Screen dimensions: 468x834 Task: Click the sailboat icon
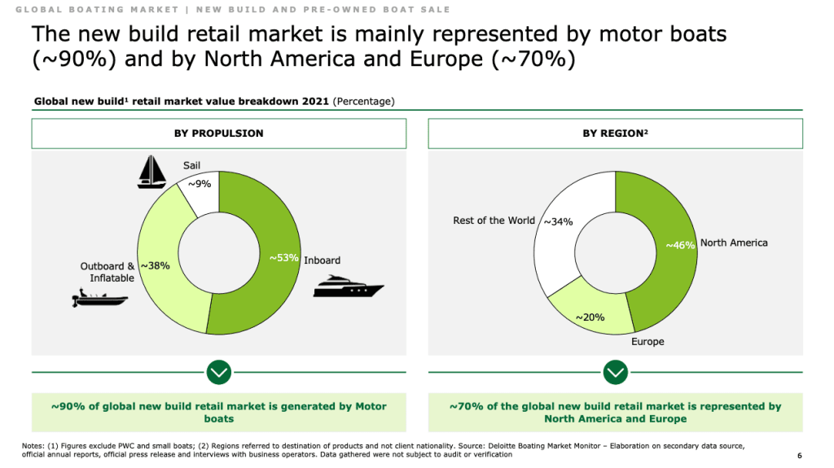[151, 172]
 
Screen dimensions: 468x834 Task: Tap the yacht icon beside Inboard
[348, 286]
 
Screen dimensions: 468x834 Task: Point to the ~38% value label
[155, 265]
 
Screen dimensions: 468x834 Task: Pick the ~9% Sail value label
[200, 184]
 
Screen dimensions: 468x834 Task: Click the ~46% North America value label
[680, 245]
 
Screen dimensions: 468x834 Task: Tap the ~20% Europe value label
[590, 317]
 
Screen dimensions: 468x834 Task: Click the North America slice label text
[734, 243]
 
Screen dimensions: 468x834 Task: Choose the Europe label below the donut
[647, 342]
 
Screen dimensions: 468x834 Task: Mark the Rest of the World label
[494, 221]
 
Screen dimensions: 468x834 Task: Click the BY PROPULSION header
[218, 133]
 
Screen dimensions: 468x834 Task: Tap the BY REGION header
[615, 133]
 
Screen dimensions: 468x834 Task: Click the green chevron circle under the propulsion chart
[218, 373]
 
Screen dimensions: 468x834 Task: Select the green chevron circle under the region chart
[615, 373]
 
